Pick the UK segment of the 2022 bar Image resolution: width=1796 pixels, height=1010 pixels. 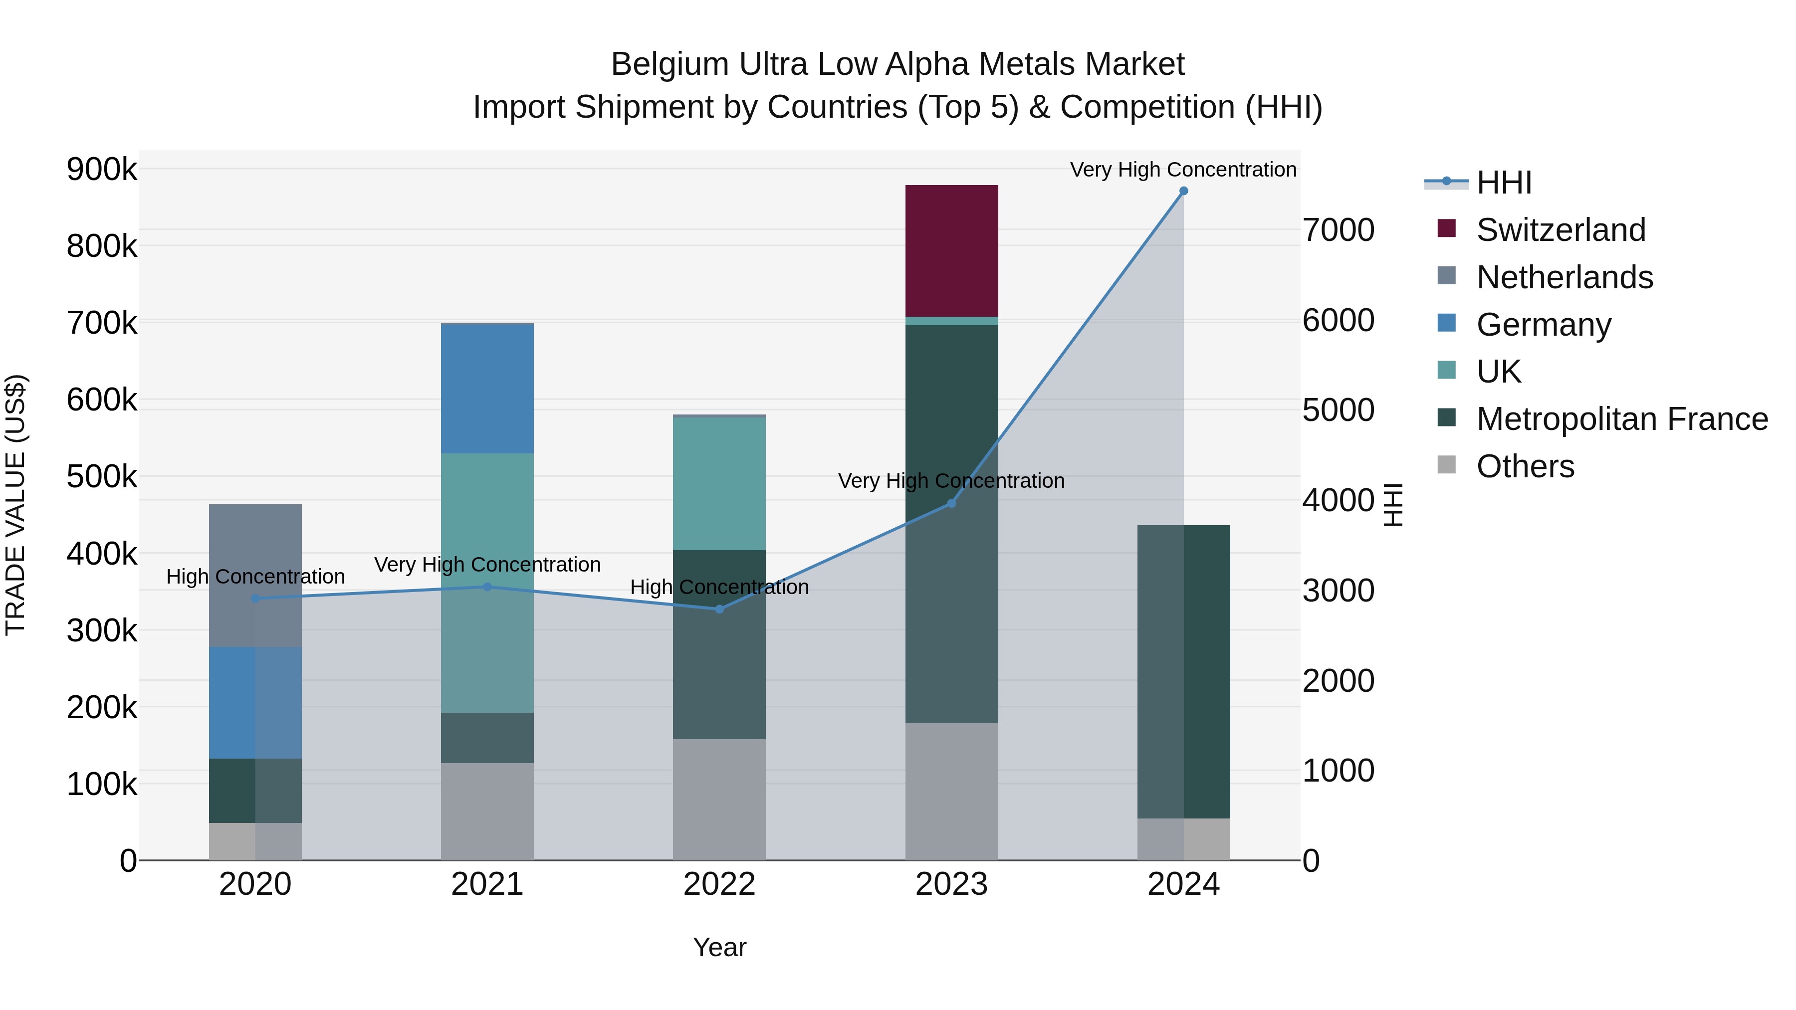(x=719, y=483)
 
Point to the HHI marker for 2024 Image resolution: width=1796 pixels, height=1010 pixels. (x=1183, y=191)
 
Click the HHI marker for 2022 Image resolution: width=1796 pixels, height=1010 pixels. (x=719, y=609)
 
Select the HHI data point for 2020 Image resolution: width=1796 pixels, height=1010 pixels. (x=255, y=599)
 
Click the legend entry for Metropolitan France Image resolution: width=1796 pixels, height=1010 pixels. (x=1622, y=419)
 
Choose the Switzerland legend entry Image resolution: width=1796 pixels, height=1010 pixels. (x=1561, y=230)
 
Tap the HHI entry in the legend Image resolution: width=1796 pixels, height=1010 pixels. (x=1503, y=183)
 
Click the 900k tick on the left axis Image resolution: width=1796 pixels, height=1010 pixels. (x=102, y=170)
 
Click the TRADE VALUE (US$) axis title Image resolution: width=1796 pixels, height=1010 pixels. (x=15, y=505)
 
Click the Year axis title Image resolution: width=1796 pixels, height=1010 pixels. (x=719, y=947)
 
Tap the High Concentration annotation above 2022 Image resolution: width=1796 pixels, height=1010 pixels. (x=719, y=587)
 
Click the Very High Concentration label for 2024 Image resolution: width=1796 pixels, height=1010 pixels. (x=1183, y=170)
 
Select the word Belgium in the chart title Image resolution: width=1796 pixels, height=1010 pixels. (x=670, y=64)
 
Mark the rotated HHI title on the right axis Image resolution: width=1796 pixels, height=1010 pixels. (x=1392, y=505)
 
